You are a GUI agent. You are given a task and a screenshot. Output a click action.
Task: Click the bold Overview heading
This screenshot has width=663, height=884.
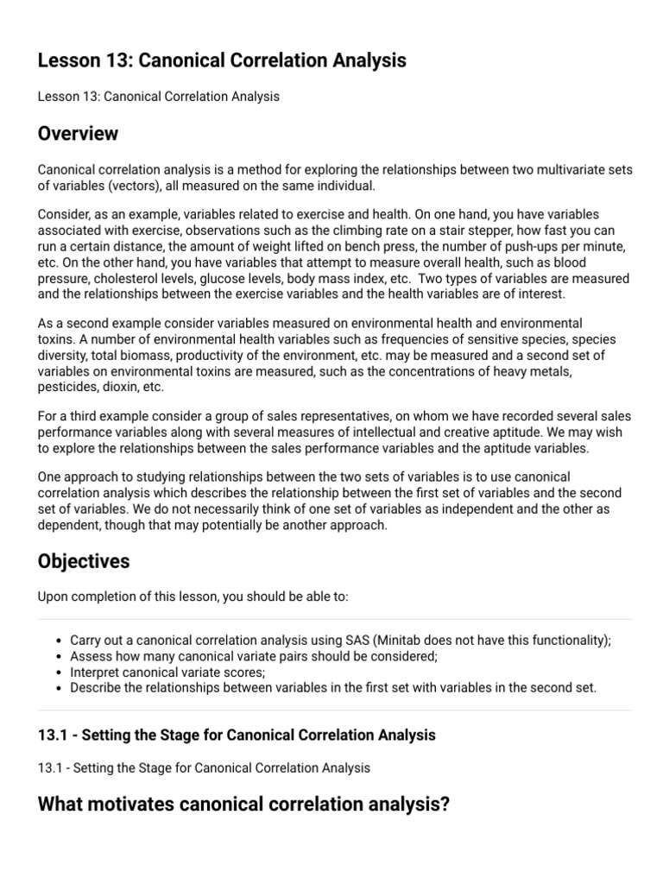pyautogui.click(x=79, y=135)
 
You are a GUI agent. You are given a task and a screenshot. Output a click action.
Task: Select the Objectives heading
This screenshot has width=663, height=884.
pyautogui.click(x=84, y=561)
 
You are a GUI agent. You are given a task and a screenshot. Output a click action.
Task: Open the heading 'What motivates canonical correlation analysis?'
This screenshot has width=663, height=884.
pyautogui.click(x=244, y=805)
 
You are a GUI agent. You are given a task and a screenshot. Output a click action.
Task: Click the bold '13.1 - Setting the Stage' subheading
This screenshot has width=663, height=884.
pyautogui.click(x=237, y=736)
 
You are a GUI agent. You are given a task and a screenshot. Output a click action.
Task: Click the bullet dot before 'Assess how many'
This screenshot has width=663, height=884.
pyautogui.click(x=57, y=657)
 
